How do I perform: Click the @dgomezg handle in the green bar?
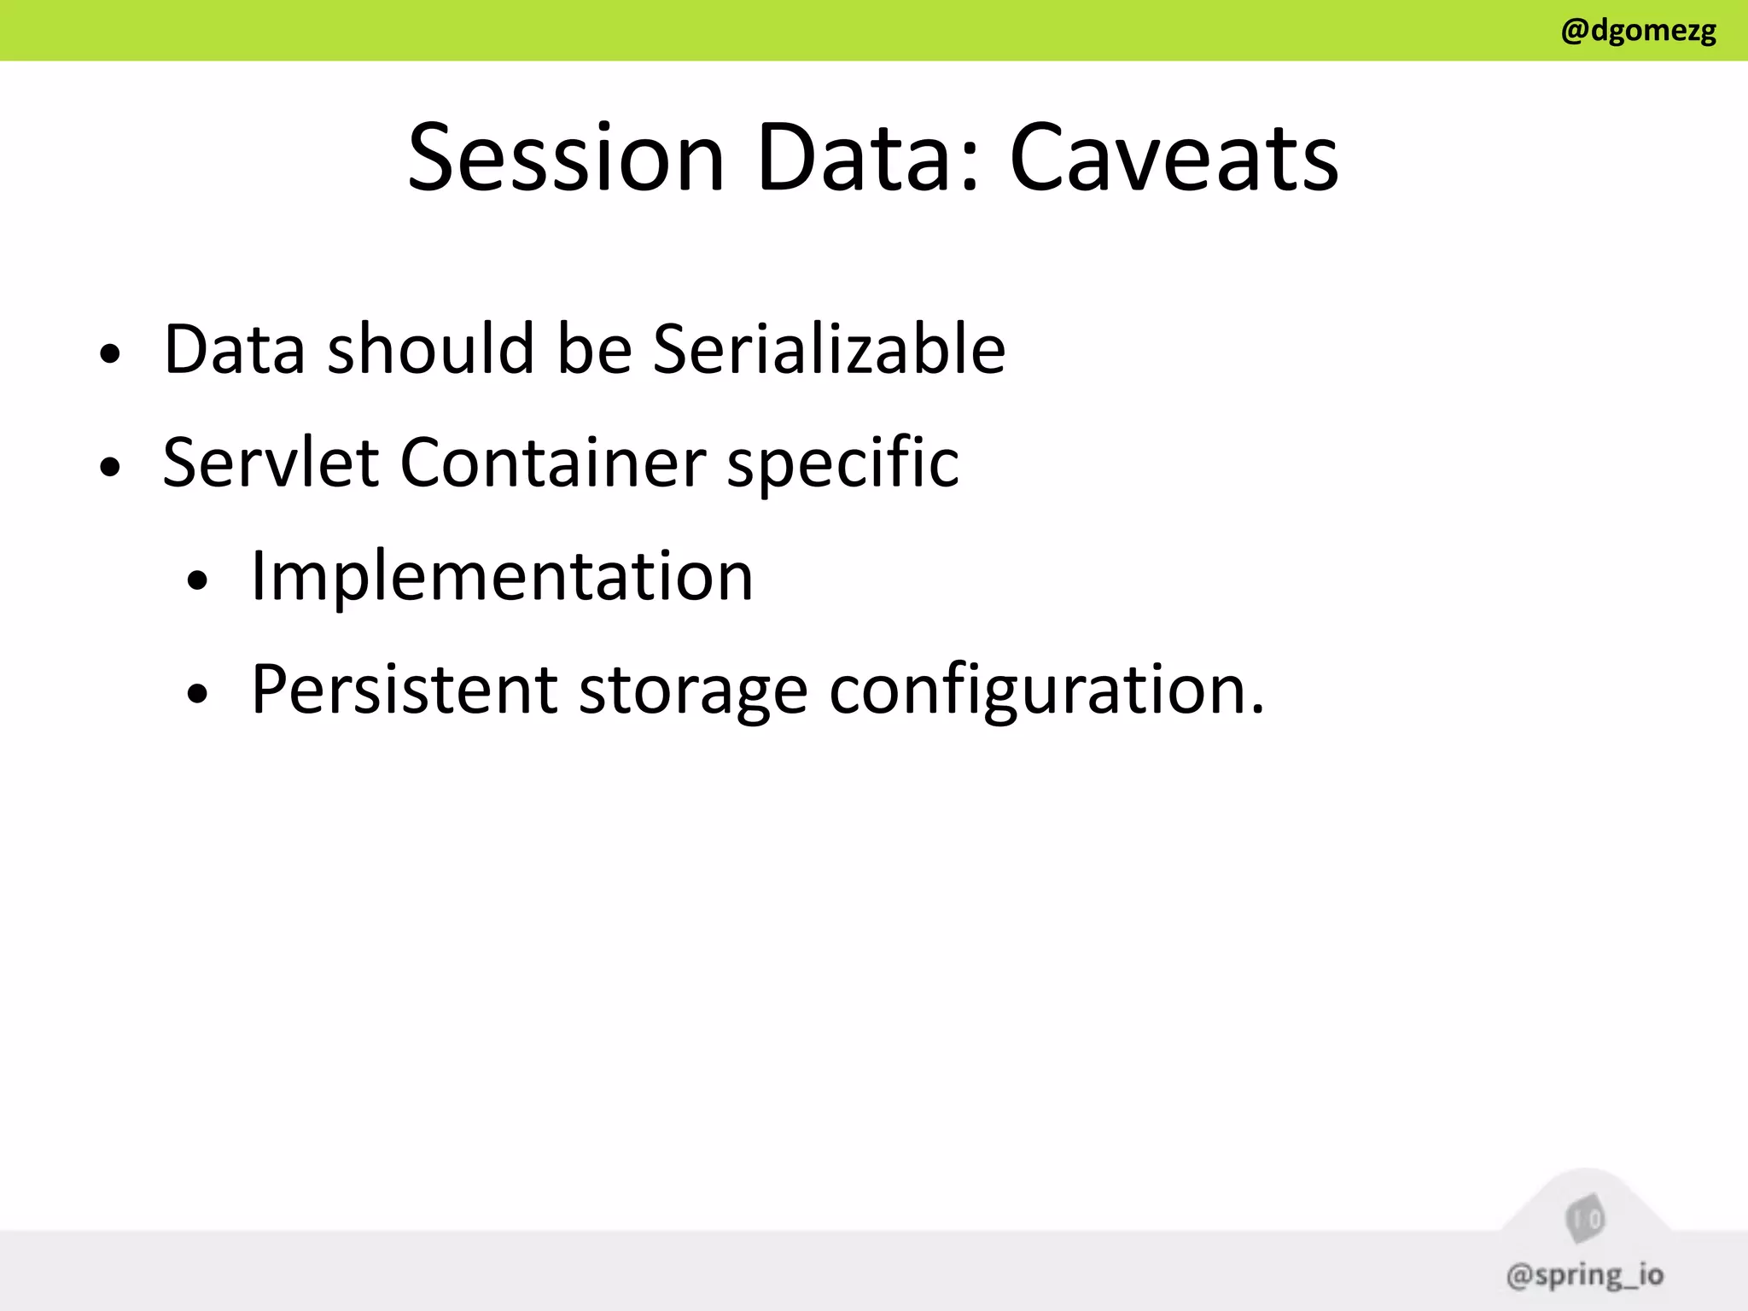coord(1638,31)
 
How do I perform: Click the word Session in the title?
coord(566,158)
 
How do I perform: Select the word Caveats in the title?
coord(1174,158)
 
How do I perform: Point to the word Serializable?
coord(829,349)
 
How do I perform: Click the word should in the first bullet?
coord(431,349)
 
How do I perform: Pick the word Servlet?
coord(271,463)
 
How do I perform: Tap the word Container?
coord(552,463)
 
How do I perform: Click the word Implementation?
coord(502,577)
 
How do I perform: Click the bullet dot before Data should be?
coord(109,353)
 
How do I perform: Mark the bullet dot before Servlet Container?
coord(109,467)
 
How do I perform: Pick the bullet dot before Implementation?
coord(197,581)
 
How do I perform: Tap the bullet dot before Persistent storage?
coord(197,695)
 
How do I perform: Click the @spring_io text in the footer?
coord(1585,1275)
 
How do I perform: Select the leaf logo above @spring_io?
coord(1585,1219)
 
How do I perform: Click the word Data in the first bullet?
coord(234,349)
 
